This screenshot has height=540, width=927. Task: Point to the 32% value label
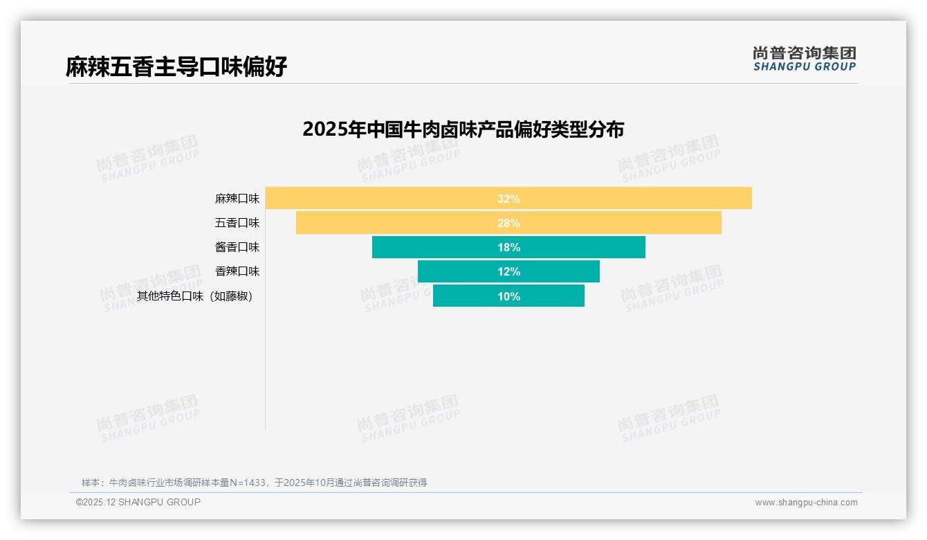[508, 199]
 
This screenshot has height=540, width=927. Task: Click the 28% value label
[508, 223]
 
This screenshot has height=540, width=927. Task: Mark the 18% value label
[508, 247]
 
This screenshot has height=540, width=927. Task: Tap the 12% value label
[508, 271]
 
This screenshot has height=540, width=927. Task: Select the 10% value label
[508, 296]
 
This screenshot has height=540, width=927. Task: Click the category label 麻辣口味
[237, 199]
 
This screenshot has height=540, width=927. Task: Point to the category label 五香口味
[237, 223]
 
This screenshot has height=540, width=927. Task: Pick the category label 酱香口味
[237, 247]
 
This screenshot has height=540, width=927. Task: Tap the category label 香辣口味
[237, 271]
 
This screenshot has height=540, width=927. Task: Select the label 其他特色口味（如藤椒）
[195, 296]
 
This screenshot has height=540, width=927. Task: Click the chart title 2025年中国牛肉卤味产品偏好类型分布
[463, 129]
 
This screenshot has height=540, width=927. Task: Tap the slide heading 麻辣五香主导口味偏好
[176, 66]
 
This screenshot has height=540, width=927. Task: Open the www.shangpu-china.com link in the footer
[806, 503]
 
